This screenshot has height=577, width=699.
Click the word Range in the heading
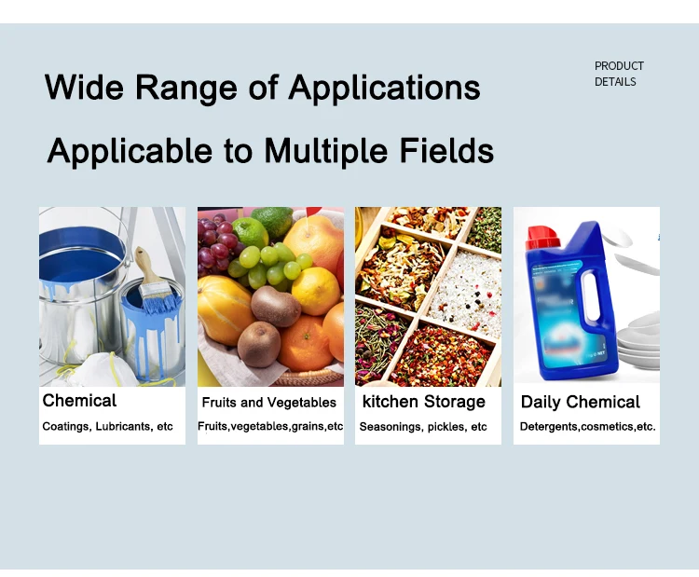[x=185, y=88]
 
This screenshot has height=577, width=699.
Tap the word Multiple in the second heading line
[x=326, y=152]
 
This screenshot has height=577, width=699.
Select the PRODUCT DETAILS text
[x=619, y=74]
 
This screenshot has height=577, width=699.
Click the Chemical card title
[x=79, y=401]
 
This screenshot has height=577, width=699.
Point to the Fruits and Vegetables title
[x=268, y=402]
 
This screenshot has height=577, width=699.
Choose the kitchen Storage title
[x=423, y=402]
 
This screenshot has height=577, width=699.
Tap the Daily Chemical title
[x=580, y=402]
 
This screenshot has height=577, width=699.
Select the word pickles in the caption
[x=446, y=427]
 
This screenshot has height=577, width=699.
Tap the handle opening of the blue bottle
[x=591, y=296]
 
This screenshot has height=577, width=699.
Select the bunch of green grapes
[x=269, y=267]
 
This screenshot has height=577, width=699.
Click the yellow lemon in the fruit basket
[x=316, y=291]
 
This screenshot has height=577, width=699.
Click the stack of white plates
[x=638, y=340]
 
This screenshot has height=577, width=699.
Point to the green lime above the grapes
[x=250, y=232]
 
